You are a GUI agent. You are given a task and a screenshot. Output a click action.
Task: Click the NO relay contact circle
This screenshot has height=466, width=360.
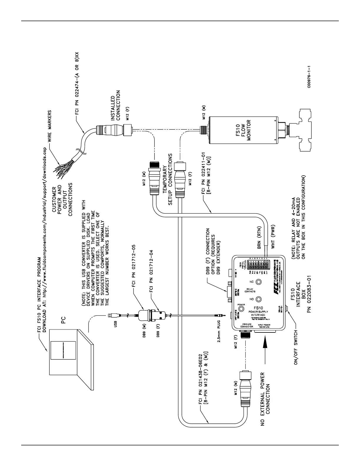pyautogui.click(x=259, y=299)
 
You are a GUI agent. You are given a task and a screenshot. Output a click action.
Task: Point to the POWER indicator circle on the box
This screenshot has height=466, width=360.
pyautogui.click(x=241, y=309)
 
